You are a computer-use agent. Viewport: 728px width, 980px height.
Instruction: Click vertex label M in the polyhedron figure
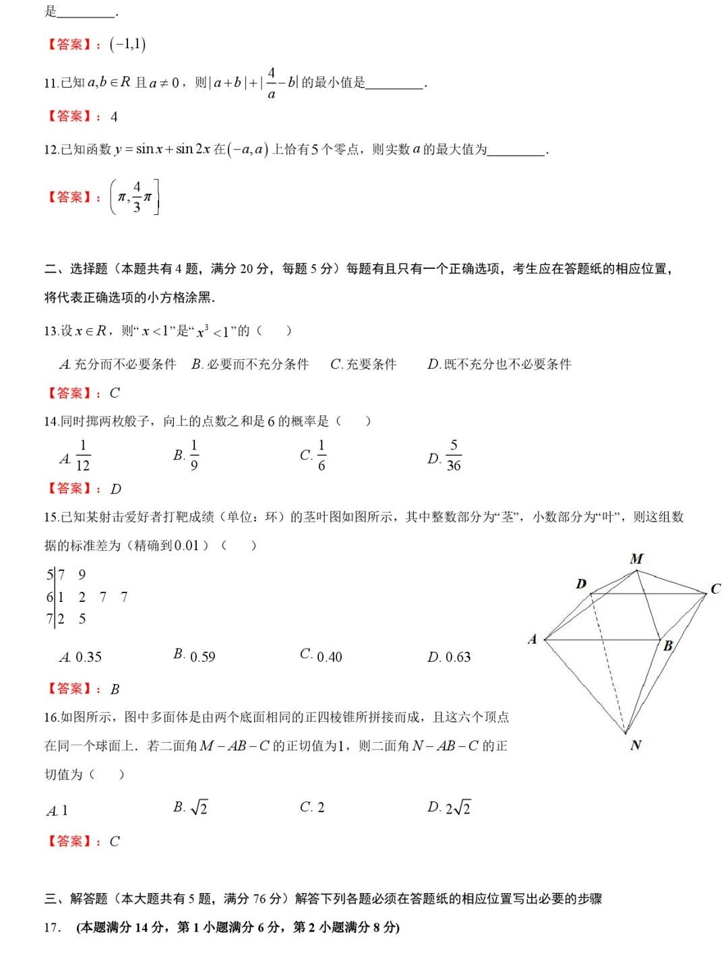click(x=636, y=559)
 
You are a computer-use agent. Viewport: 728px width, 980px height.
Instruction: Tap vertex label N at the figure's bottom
click(x=636, y=745)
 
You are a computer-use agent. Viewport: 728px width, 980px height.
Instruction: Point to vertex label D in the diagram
click(x=581, y=584)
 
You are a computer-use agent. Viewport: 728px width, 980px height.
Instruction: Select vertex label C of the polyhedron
click(x=715, y=589)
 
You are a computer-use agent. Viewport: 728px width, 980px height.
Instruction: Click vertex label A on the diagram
click(x=533, y=639)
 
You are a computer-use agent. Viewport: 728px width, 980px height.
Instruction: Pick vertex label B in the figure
click(x=668, y=646)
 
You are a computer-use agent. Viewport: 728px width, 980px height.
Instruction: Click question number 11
click(x=51, y=83)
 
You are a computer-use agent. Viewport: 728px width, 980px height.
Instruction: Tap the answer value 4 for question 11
click(x=114, y=117)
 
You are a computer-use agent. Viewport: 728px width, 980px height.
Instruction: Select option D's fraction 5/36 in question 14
click(x=454, y=455)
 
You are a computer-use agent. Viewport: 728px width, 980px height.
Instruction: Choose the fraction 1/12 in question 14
click(x=83, y=455)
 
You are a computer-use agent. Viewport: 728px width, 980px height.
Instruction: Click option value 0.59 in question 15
click(x=203, y=656)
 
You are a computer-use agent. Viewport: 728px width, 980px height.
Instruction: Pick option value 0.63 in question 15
click(x=458, y=656)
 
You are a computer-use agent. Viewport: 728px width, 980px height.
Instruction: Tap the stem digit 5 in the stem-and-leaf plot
click(x=49, y=575)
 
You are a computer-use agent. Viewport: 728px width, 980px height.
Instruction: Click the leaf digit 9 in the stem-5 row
click(x=82, y=575)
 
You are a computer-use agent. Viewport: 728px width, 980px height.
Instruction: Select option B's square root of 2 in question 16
click(x=199, y=807)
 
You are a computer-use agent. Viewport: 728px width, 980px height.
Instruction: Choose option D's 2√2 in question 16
click(x=458, y=807)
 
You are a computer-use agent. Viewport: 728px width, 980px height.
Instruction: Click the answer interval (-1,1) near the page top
click(x=128, y=44)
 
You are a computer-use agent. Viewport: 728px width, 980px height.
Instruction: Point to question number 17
click(x=53, y=927)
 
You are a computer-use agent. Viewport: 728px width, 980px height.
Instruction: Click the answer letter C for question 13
click(x=115, y=393)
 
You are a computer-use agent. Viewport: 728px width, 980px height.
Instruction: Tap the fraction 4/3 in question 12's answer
click(x=137, y=196)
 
